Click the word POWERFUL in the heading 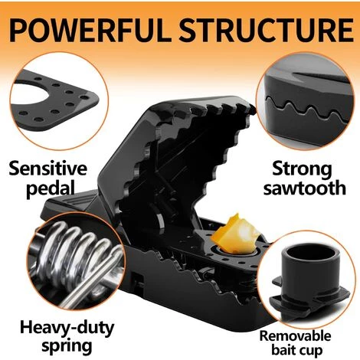click(x=90, y=30)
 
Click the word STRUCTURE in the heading click(x=266, y=30)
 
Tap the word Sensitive click(x=48, y=169)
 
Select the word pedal click(x=50, y=189)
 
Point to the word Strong click(x=302, y=170)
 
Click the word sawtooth click(x=305, y=188)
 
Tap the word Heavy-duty click(x=67, y=329)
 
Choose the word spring click(x=67, y=347)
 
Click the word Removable click(x=295, y=336)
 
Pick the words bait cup click(x=296, y=350)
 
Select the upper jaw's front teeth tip click(x=252, y=109)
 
